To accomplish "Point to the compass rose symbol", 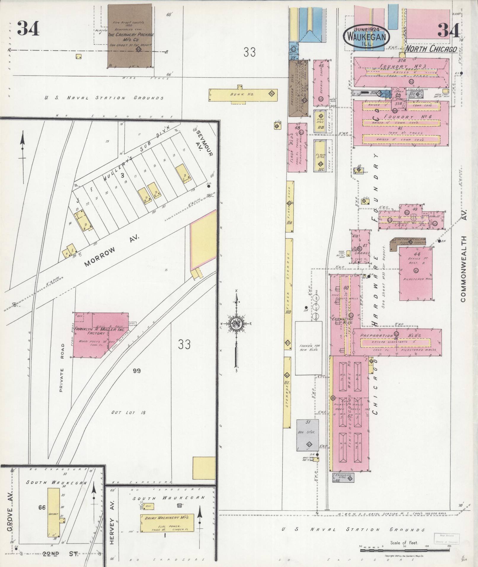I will (236, 323).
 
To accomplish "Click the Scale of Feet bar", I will (405, 550).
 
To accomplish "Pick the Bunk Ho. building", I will (243, 94).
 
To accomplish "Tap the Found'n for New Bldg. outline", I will (308, 348).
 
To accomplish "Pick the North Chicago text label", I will (431, 49).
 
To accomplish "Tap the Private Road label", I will (62, 372).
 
